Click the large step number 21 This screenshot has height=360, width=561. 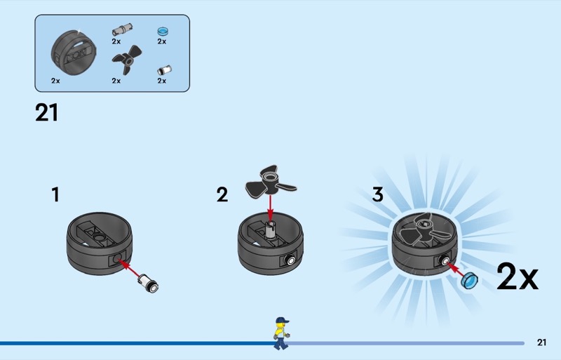coord(46,112)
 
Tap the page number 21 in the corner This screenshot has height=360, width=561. coord(541,342)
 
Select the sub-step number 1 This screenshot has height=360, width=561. coord(55,194)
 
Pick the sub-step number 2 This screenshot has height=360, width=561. coord(222,194)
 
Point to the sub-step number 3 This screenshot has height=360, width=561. coord(377,194)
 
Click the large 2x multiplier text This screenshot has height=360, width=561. coord(517,276)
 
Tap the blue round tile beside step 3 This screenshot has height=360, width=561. coord(469,280)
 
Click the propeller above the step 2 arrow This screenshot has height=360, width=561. coord(270,182)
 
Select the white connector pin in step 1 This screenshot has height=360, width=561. coord(149,283)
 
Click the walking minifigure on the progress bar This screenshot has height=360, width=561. coord(281,333)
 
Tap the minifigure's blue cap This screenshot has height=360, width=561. coord(282,320)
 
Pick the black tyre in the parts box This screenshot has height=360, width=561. coord(74,53)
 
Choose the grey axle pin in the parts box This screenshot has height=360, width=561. coord(122,29)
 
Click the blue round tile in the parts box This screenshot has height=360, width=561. coord(163,31)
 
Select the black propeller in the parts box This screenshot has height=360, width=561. coord(127,60)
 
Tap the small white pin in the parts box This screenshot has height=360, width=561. coord(164,70)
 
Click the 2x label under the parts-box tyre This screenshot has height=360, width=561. coord(55,81)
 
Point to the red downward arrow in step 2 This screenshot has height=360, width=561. coord(270,208)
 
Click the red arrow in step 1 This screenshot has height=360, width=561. coord(128,268)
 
